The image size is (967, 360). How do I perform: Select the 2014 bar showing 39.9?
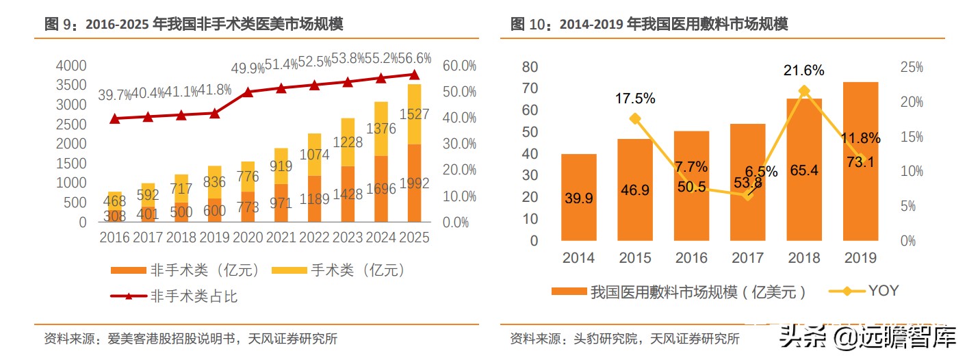579,198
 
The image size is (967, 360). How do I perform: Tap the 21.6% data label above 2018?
804,70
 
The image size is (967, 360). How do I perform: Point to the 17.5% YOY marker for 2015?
635,118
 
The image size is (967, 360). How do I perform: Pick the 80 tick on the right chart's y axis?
530,67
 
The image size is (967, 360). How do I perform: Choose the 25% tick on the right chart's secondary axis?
912,67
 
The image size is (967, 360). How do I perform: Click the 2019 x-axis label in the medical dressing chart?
860,258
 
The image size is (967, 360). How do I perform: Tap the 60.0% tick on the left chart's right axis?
459,66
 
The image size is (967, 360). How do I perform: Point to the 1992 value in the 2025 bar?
414,183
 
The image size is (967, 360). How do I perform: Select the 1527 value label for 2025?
414,114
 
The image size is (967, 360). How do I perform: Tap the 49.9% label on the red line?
248,68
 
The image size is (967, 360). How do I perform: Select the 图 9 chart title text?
194,25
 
